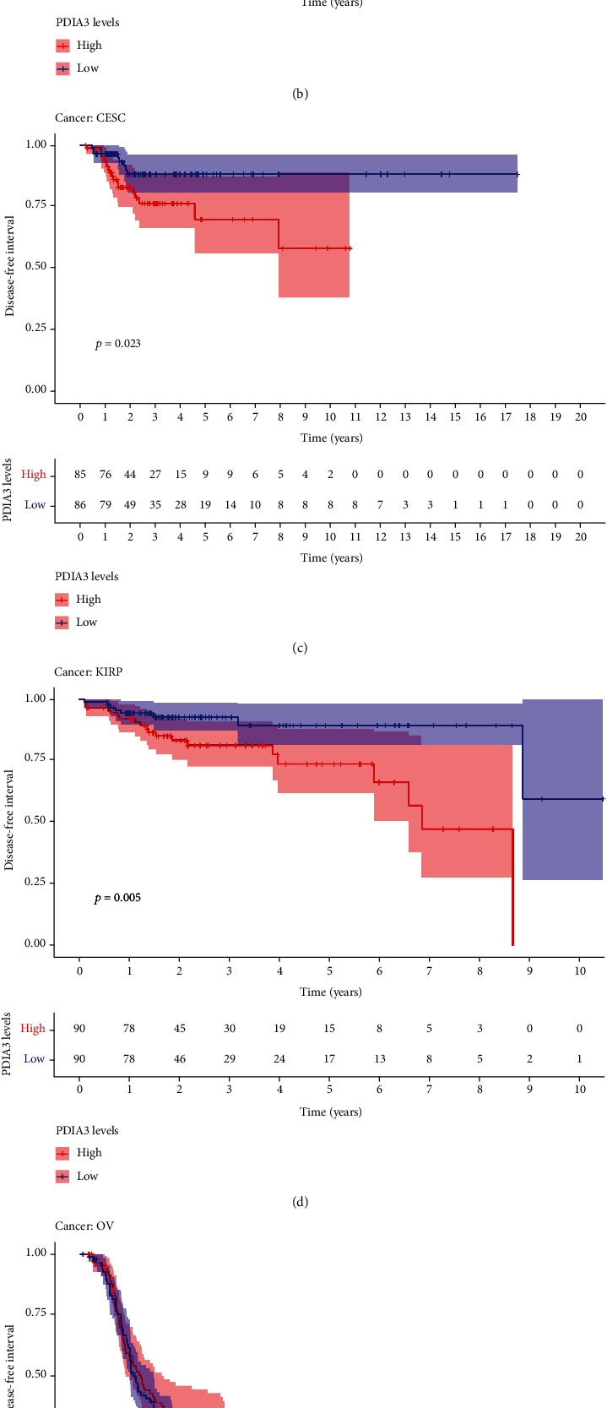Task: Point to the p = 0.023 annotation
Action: [x=117, y=344]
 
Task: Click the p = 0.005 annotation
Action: [x=117, y=898]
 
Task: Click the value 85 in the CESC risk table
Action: [x=80, y=475]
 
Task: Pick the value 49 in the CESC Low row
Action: [x=130, y=505]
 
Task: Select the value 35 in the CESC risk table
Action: [x=155, y=505]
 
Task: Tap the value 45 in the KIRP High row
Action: [x=179, y=1028]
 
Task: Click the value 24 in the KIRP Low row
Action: [x=279, y=1058]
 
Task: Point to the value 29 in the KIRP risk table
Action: [x=230, y=1058]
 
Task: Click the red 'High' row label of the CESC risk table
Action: [x=34, y=475]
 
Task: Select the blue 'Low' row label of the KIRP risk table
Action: [x=35, y=1058]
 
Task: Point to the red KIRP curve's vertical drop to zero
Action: [x=512, y=887]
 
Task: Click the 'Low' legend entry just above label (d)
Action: [x=87, y=1176]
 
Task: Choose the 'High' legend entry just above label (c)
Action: [x=88, y=599]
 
